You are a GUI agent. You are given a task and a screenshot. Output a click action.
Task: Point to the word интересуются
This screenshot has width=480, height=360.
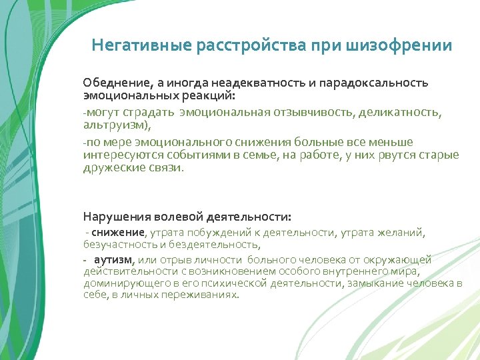(x=117, y=155)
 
